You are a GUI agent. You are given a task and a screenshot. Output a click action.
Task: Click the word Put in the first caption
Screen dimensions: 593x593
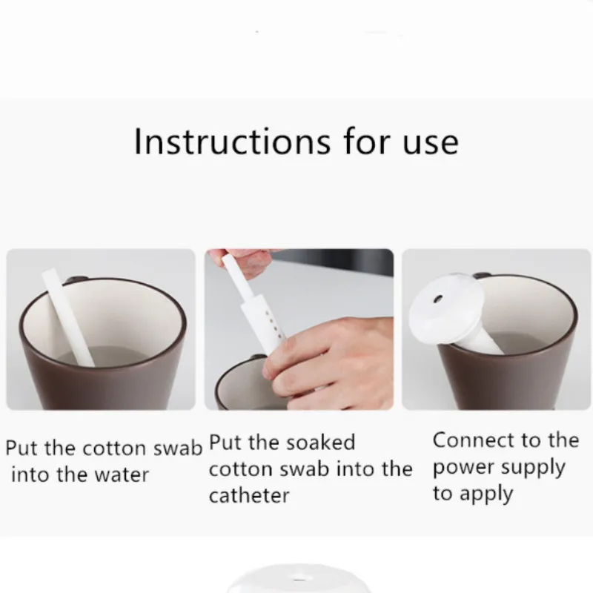pos(21,448)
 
